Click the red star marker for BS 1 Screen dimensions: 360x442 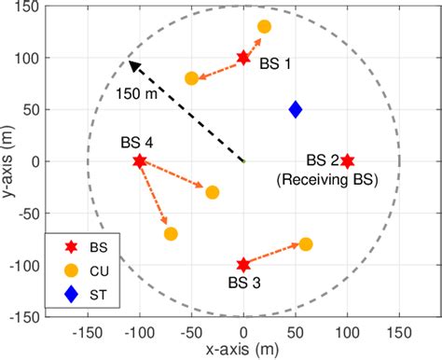[x=243, y=58]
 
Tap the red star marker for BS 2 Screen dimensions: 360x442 [x=347, y=161]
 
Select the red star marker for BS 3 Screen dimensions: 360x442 [x=243, y=265]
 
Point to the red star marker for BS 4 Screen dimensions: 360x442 [x=140, y=161]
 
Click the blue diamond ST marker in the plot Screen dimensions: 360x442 [x=296, y=109]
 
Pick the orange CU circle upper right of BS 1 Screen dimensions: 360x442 [x=264, y=27]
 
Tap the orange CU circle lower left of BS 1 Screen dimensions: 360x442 [x=192, y=78]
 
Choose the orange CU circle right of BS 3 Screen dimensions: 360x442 [x=305, y=244]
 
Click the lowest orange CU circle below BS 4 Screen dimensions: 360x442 [x=171, y=233]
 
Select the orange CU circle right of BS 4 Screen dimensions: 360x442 [x=213, y=192]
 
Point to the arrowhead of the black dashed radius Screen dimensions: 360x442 [x=131, y=63]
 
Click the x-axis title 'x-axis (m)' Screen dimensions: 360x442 [x=243, y=350]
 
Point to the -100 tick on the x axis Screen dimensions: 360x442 [x=140, y=329]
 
